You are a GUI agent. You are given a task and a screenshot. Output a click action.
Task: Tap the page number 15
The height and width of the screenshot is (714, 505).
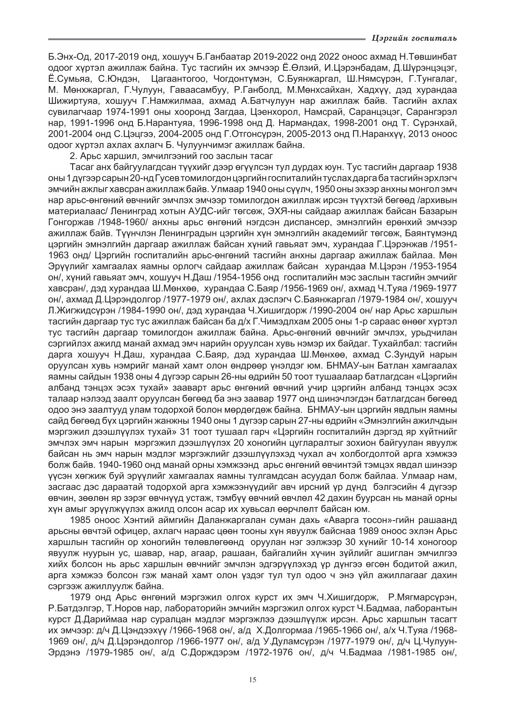(x=252, y=680)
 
